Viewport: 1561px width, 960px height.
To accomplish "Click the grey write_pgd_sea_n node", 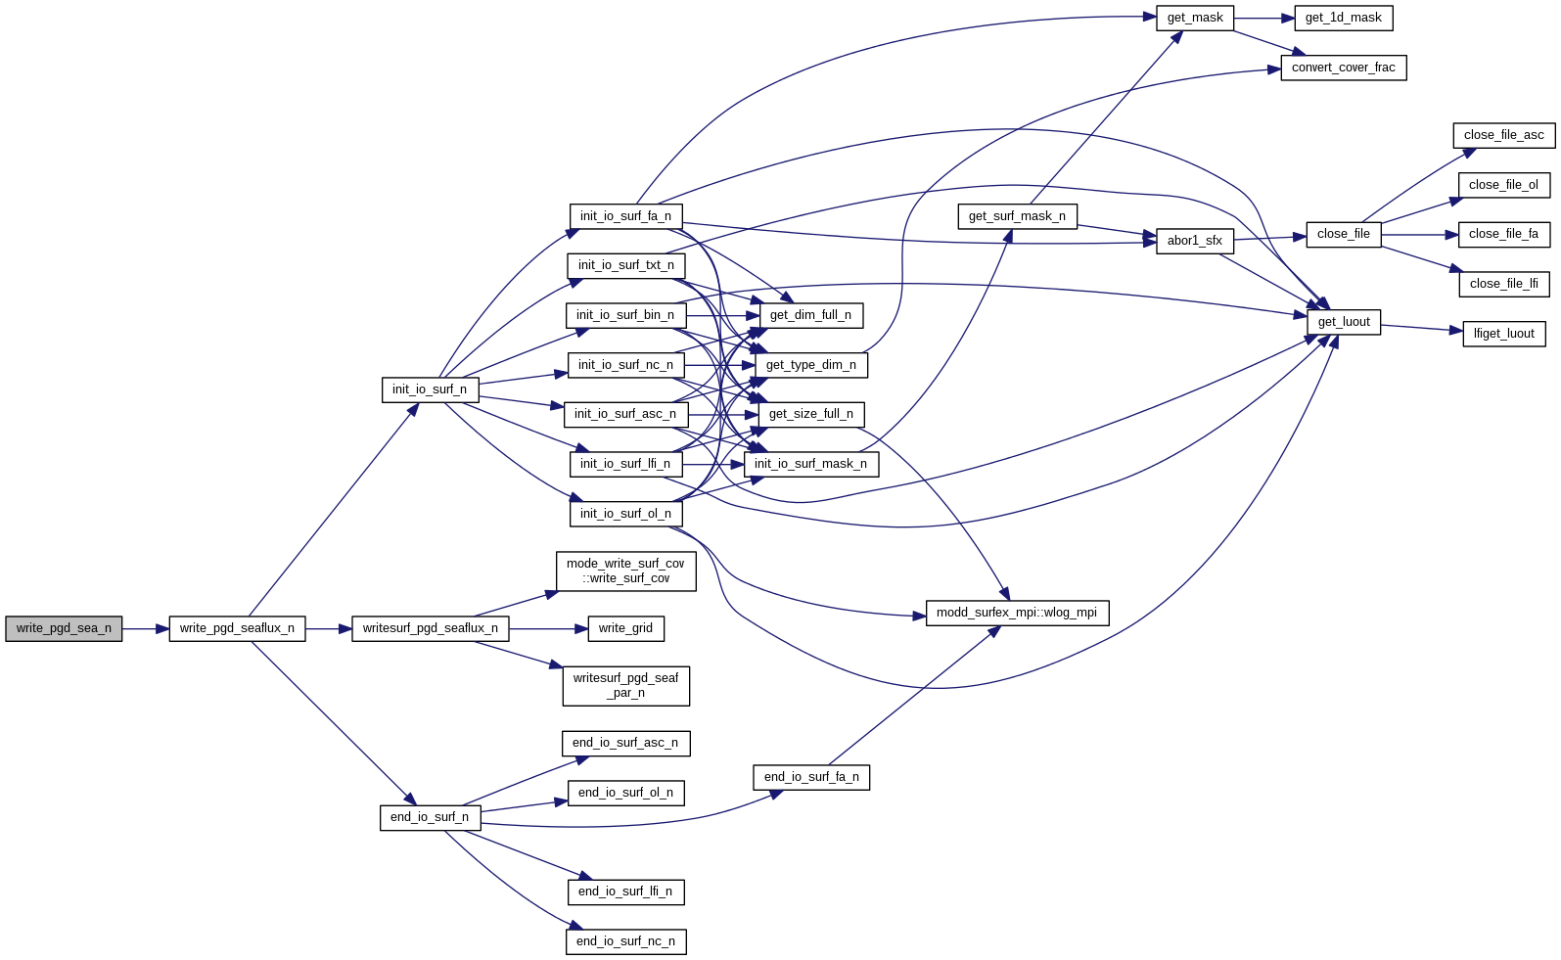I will coord(64,628).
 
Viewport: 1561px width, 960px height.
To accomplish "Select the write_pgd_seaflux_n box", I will coord(237,628).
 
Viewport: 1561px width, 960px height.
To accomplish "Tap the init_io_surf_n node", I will coord(430,389).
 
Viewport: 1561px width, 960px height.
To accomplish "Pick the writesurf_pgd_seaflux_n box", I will coord(430,628).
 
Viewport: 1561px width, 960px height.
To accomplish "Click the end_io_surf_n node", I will coord(430,817).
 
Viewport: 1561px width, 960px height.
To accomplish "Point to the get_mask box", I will coord(1195,18).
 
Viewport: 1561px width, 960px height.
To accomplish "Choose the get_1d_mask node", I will coord(1343,18).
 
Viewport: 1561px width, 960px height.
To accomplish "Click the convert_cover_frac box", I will coord(1343,68).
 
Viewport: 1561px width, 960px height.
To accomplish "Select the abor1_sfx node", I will coord(1194,241).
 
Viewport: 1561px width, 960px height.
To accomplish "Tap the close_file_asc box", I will coord(1503,135).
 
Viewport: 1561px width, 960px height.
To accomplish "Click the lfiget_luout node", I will coord(1503,334).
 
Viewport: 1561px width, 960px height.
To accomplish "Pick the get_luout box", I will coord(1344,322).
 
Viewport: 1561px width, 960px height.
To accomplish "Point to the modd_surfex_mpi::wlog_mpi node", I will coord(1017,613).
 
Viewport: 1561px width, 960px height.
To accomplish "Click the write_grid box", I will coord(625,628).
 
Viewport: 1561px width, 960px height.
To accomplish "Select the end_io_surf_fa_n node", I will coord(811,777).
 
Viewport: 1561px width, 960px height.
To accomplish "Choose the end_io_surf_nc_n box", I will coord(625,941).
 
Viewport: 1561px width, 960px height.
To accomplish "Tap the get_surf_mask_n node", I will coord(1017,216).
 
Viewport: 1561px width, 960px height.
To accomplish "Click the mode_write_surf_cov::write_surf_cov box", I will coord(625,571).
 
